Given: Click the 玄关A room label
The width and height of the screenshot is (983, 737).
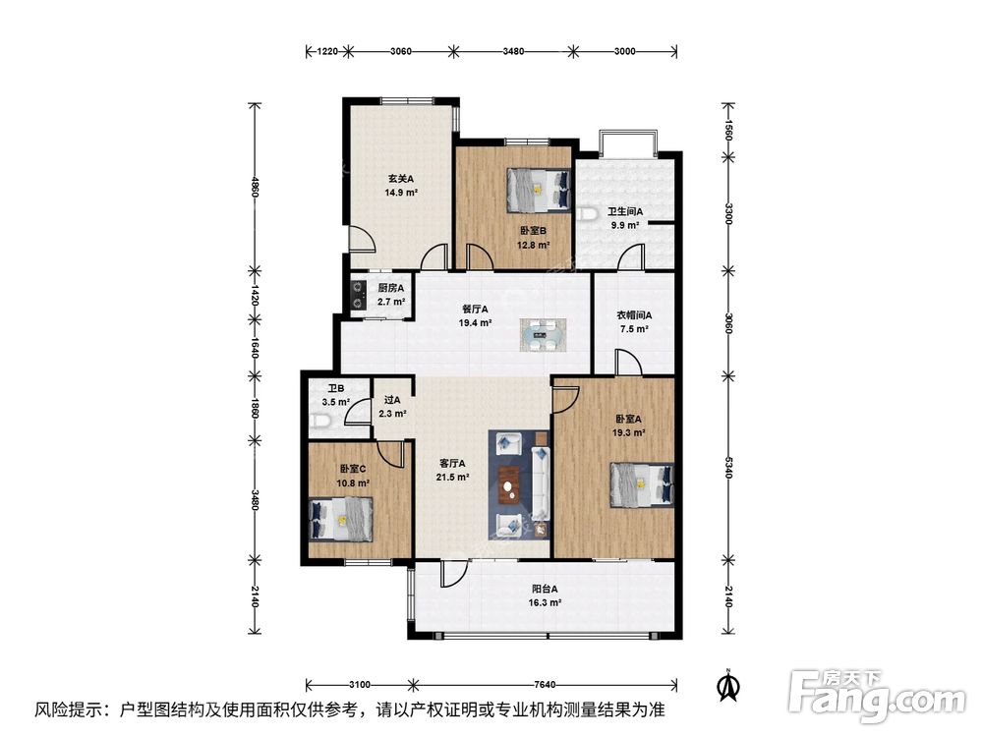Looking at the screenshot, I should tap(399, 179).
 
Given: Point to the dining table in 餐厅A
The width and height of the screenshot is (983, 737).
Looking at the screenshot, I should tap(543, 335).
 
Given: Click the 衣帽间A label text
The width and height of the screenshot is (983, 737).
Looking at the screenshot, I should tap(634, 315).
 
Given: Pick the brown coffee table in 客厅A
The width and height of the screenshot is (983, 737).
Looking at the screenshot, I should tap(509, 483).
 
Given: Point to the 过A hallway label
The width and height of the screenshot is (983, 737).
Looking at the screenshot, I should tap(392, 400).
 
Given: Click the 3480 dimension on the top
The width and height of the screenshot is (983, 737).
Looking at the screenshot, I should tap(510, 50).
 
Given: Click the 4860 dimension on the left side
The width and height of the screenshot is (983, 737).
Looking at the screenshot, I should tap(255, 185).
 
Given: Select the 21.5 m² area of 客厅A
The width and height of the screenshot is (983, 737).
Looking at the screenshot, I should tap(452, 478).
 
